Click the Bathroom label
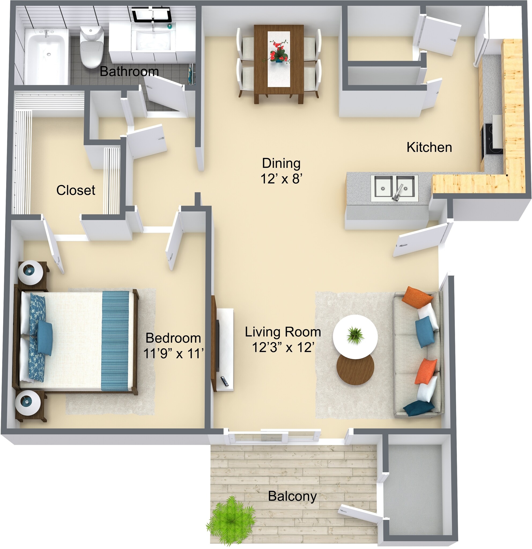pyautogui.click(x=129, y=71)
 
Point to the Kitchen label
pyautogui.click(x=429, y=147)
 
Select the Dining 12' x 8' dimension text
pyautogui.click(x=281, y=170)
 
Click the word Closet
pyautogui.click(x=76, y=191)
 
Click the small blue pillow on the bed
pyautogui.click(x=45, y=337)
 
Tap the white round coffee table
pyautogui.click(x=355, y=337)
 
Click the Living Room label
pyautogui.click(x=283, y=332)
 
